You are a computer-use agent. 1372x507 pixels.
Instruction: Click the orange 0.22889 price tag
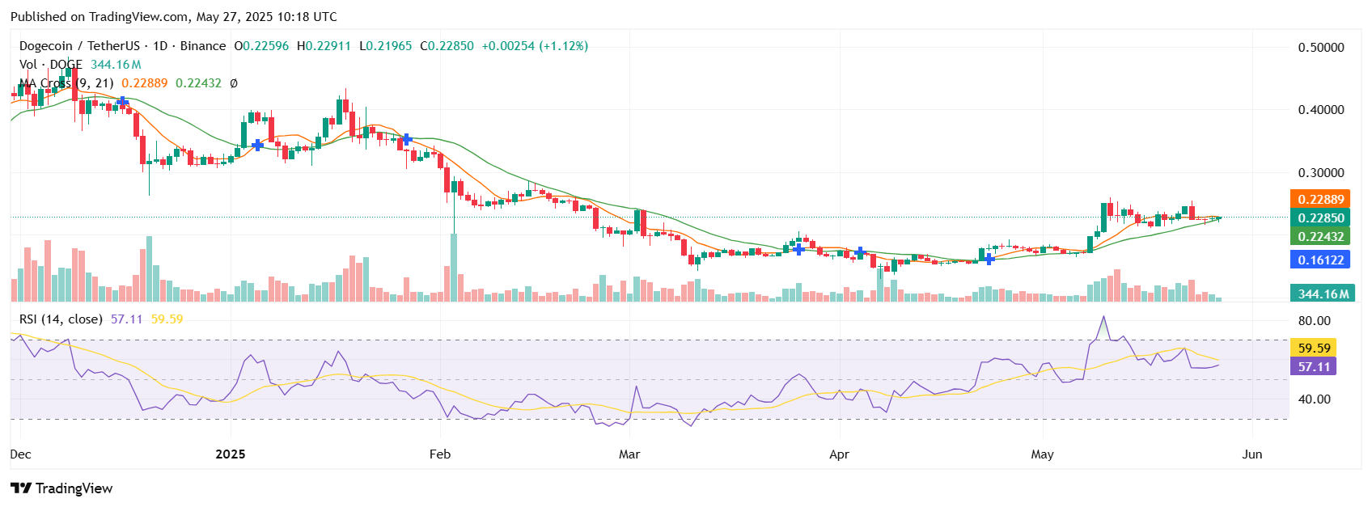1320,199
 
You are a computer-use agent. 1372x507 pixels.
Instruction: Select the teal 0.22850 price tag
1320,218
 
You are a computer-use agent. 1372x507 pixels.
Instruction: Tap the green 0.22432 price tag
1320,236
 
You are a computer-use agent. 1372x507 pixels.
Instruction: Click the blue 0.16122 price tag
1320,260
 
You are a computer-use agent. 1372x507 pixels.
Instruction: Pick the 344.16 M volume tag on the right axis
1323,294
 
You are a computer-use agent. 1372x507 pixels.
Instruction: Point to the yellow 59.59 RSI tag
1314,348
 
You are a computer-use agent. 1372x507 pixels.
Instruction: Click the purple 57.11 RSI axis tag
1314,366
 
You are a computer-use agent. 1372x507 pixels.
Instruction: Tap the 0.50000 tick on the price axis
1320,48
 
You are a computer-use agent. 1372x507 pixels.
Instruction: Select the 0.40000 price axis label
1320,110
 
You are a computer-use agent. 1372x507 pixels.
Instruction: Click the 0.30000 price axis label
1320,173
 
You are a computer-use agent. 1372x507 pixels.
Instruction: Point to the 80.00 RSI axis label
1314,321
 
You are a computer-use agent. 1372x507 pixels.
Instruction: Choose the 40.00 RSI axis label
1314,399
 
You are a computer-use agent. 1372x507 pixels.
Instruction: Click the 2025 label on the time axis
231,454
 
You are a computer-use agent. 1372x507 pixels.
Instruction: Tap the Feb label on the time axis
440,454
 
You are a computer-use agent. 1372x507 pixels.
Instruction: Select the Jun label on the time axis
1251,454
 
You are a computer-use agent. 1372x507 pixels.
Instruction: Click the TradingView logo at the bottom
61,488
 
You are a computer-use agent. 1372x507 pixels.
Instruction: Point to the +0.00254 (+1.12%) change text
535,46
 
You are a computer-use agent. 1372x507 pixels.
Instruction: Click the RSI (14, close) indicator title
61,319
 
